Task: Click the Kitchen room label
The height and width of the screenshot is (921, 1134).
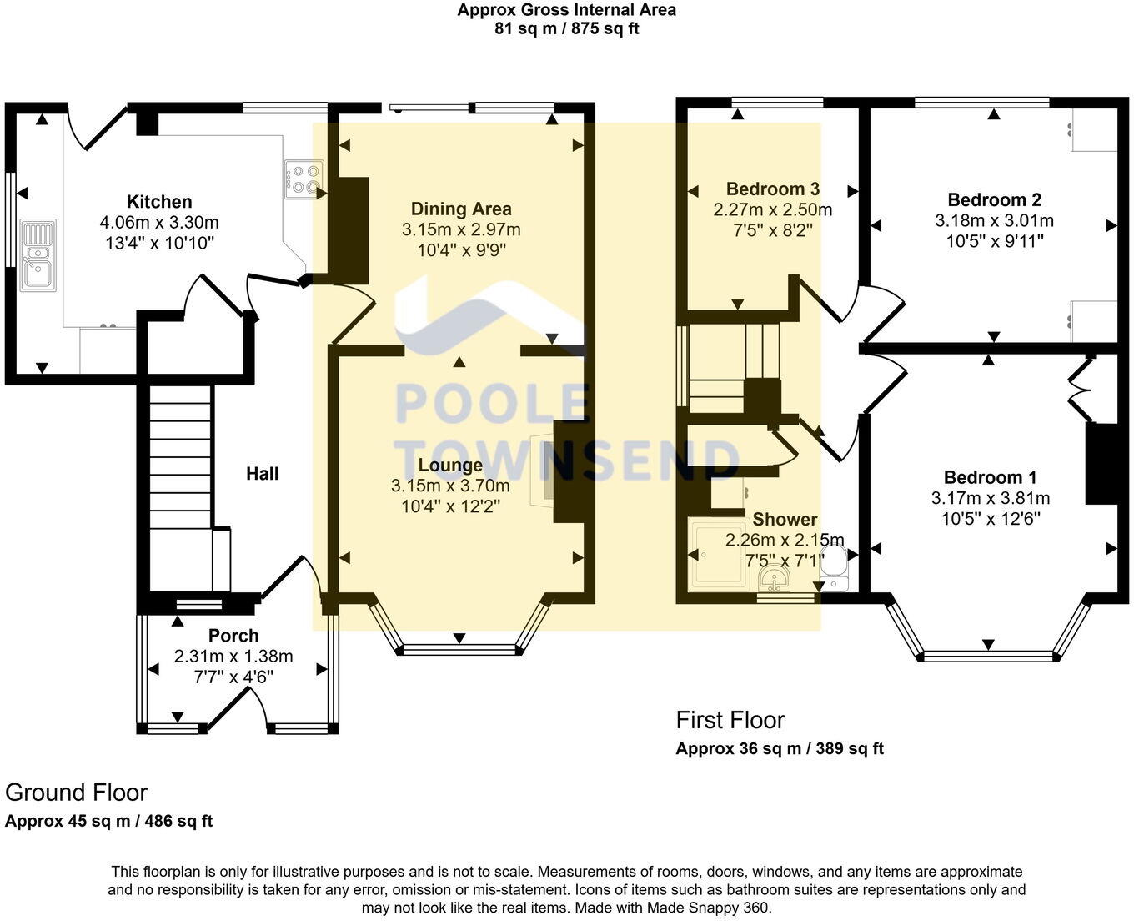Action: pos(159,201)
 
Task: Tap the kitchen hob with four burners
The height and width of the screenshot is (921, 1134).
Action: pos(304,179)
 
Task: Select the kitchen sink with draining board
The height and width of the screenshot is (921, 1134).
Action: pos(38,255)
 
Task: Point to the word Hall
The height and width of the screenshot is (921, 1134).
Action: pos(262,474)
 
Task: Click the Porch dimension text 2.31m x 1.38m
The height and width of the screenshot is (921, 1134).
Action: pos(233,656)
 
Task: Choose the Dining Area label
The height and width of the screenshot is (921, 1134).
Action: pos(461,209)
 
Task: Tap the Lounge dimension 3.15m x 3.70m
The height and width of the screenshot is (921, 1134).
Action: pos(450,486)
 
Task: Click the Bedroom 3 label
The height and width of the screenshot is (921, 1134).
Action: pos(772,189)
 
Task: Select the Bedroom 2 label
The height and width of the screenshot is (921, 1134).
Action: pos(994,199)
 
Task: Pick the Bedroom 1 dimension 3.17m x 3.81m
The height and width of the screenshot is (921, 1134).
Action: pos(991,498)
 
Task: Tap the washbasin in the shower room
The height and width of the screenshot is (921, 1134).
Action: pos(775,580)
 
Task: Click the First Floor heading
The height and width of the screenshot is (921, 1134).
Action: pos(730,720)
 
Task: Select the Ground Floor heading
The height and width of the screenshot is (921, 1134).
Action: pos(76,793)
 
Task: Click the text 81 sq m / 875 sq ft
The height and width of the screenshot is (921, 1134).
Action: pos(566,28)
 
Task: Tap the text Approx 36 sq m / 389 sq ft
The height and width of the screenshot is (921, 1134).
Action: pos(780,748)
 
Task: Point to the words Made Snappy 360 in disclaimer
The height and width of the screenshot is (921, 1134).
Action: pos(708,907)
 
